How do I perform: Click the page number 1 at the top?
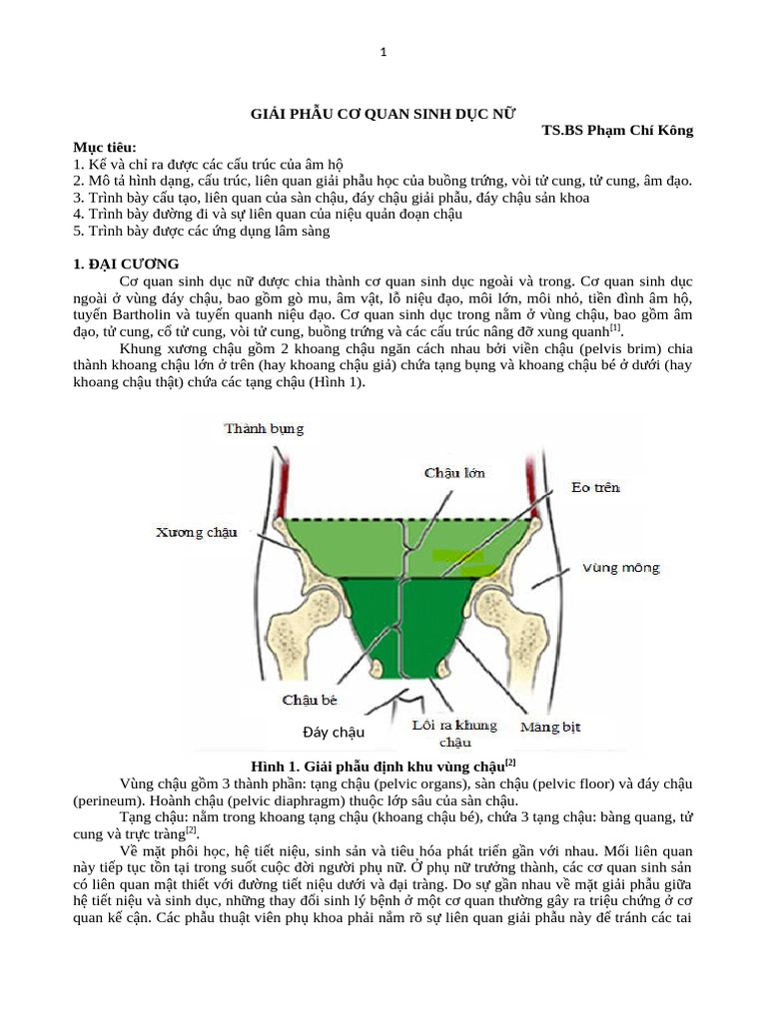pos(383,53)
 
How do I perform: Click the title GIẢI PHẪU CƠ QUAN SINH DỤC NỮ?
pos(383,115)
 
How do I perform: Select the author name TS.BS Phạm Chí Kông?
pos(616,131)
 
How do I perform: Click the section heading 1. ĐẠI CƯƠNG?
pos(126,264)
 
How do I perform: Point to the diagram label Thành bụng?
pos(264,429)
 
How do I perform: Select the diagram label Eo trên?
pos(595,487)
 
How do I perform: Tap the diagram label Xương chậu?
pos(196,532)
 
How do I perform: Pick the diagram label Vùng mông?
pos(621,568)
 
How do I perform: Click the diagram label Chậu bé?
pos(310,700)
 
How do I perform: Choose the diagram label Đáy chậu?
pos(333,733)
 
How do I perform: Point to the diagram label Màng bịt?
pos(550,728)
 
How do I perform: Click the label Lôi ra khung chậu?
pos(455,734)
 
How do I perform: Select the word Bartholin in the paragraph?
pos(153,313)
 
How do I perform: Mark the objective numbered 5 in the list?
pos(201,232)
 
